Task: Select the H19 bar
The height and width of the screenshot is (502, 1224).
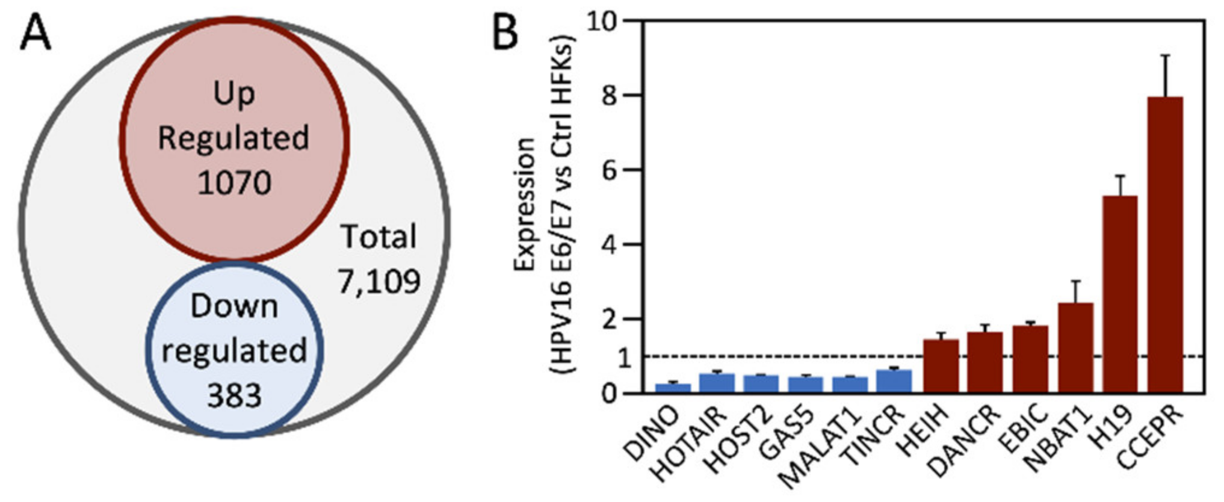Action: [1120, 294]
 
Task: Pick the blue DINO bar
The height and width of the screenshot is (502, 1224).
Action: [673, 388]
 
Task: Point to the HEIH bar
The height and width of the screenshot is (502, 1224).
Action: [941, 366]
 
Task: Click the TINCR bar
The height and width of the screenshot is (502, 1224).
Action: [894, 382]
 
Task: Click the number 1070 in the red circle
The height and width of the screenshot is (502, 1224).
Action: [234, 182]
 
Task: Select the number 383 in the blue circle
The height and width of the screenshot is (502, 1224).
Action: [234, 395]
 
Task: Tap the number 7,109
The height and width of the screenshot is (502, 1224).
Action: [379, 281]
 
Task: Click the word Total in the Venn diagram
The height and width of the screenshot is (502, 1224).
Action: [379, 237]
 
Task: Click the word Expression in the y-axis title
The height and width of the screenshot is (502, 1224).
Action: [525, 205]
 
